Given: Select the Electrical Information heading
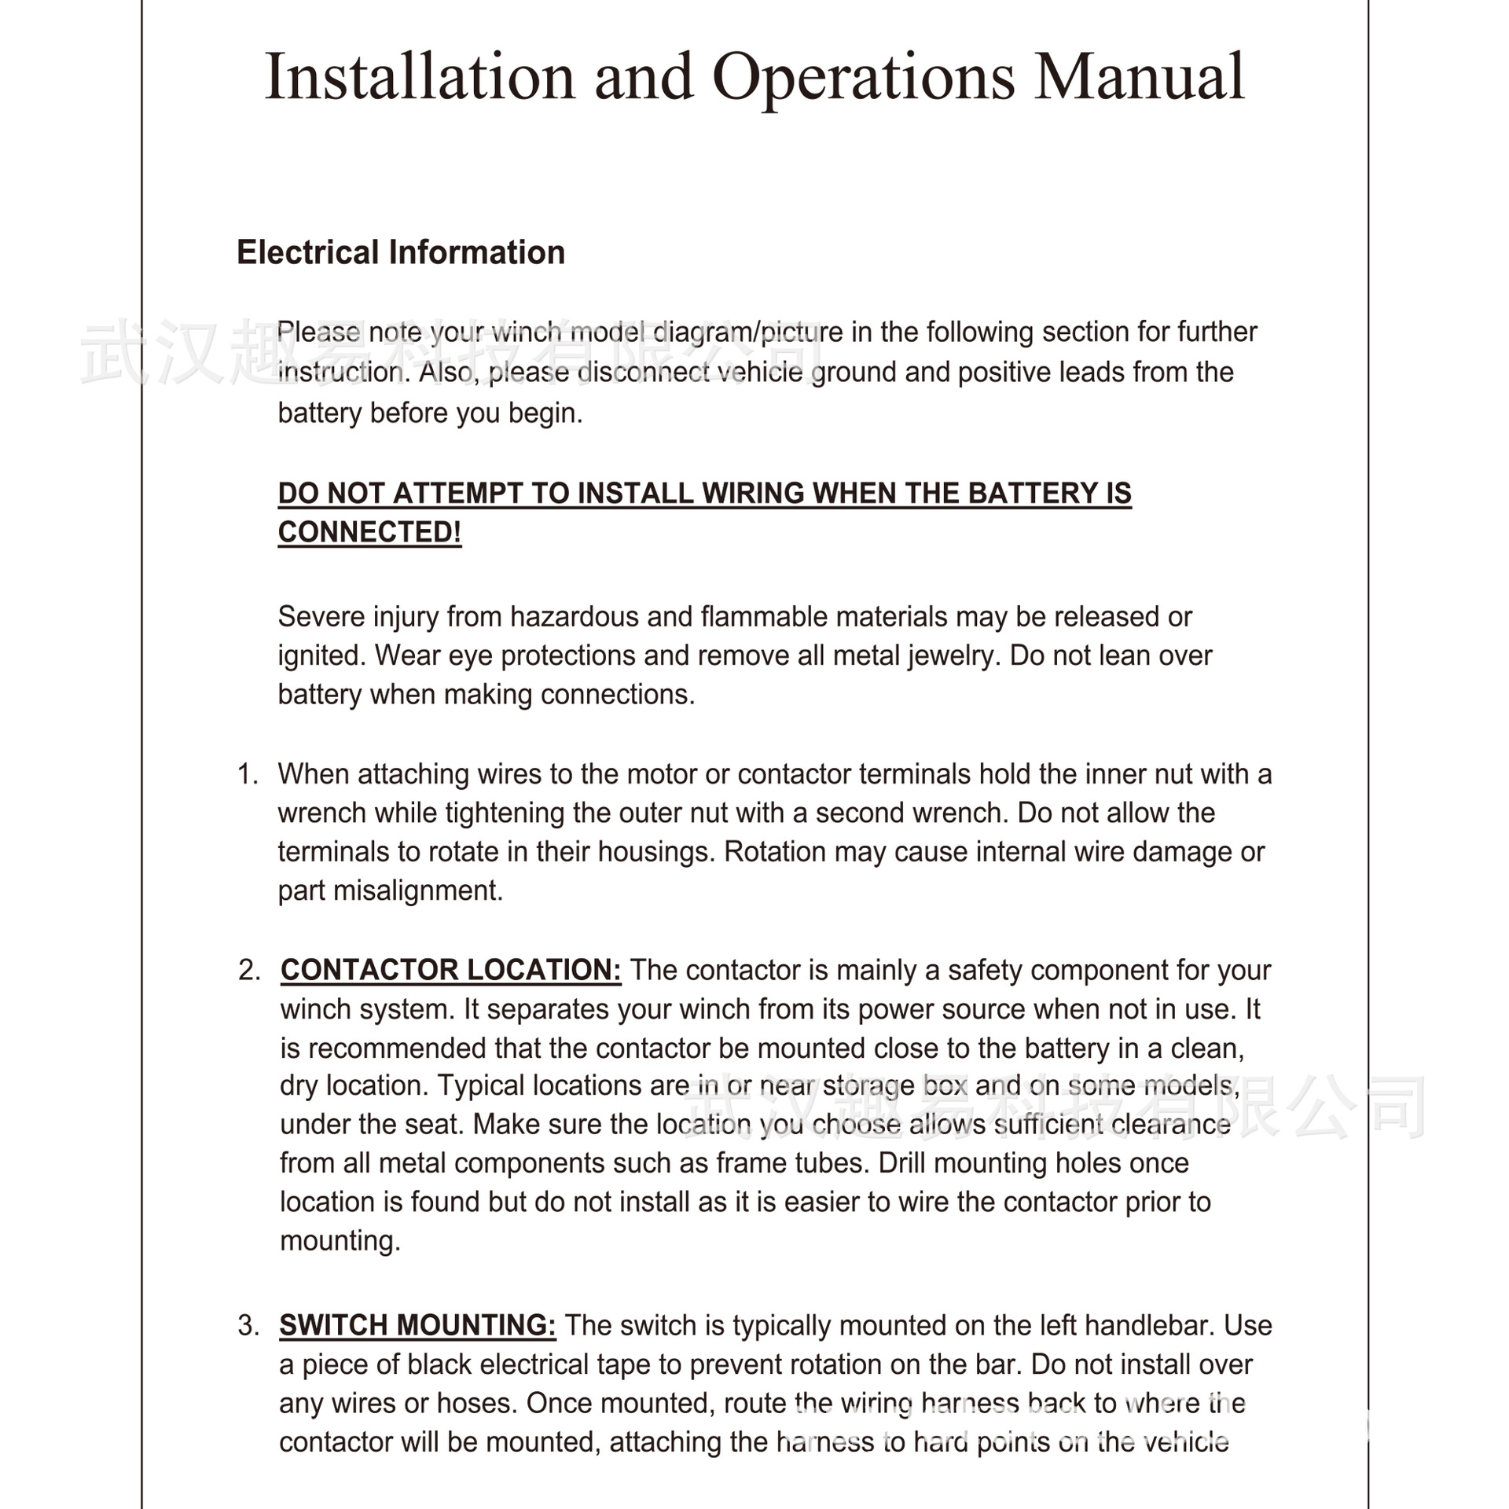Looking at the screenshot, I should [x=401, y=253].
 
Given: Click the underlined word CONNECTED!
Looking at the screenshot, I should [x=369, y=532].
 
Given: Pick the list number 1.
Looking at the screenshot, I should [x=248, y=774].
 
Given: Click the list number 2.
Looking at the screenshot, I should [x=249, y=971].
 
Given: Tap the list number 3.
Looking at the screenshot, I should [x=248, y=1326].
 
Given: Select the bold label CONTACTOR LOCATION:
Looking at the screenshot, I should [x=450, y=971].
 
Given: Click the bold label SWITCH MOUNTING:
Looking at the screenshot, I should [x=417, y=1326].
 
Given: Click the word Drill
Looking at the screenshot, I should [x=905, y=1163].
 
